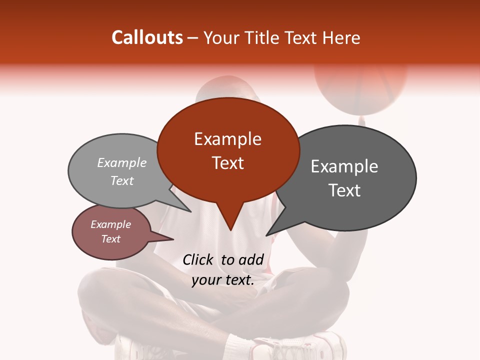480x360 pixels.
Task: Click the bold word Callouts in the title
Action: tap(147, 37)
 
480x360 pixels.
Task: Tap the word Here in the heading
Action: tap(341, 37)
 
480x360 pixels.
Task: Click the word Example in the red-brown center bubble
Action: tap(227, 139)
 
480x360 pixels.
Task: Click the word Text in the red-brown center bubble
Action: tap(227, 163)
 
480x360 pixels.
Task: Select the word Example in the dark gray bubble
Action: tap(344, 166)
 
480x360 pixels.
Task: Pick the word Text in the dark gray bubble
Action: tap(344, 190)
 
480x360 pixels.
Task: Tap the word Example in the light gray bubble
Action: tap(122, 163)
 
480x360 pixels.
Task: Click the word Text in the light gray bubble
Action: tap(122, 180)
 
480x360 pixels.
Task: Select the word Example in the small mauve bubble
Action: tap(110, 224)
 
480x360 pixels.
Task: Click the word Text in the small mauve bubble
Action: tap(110, 239)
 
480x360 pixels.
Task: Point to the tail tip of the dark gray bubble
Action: tap(268, 234)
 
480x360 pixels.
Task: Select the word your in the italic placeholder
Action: tap(205, 280)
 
